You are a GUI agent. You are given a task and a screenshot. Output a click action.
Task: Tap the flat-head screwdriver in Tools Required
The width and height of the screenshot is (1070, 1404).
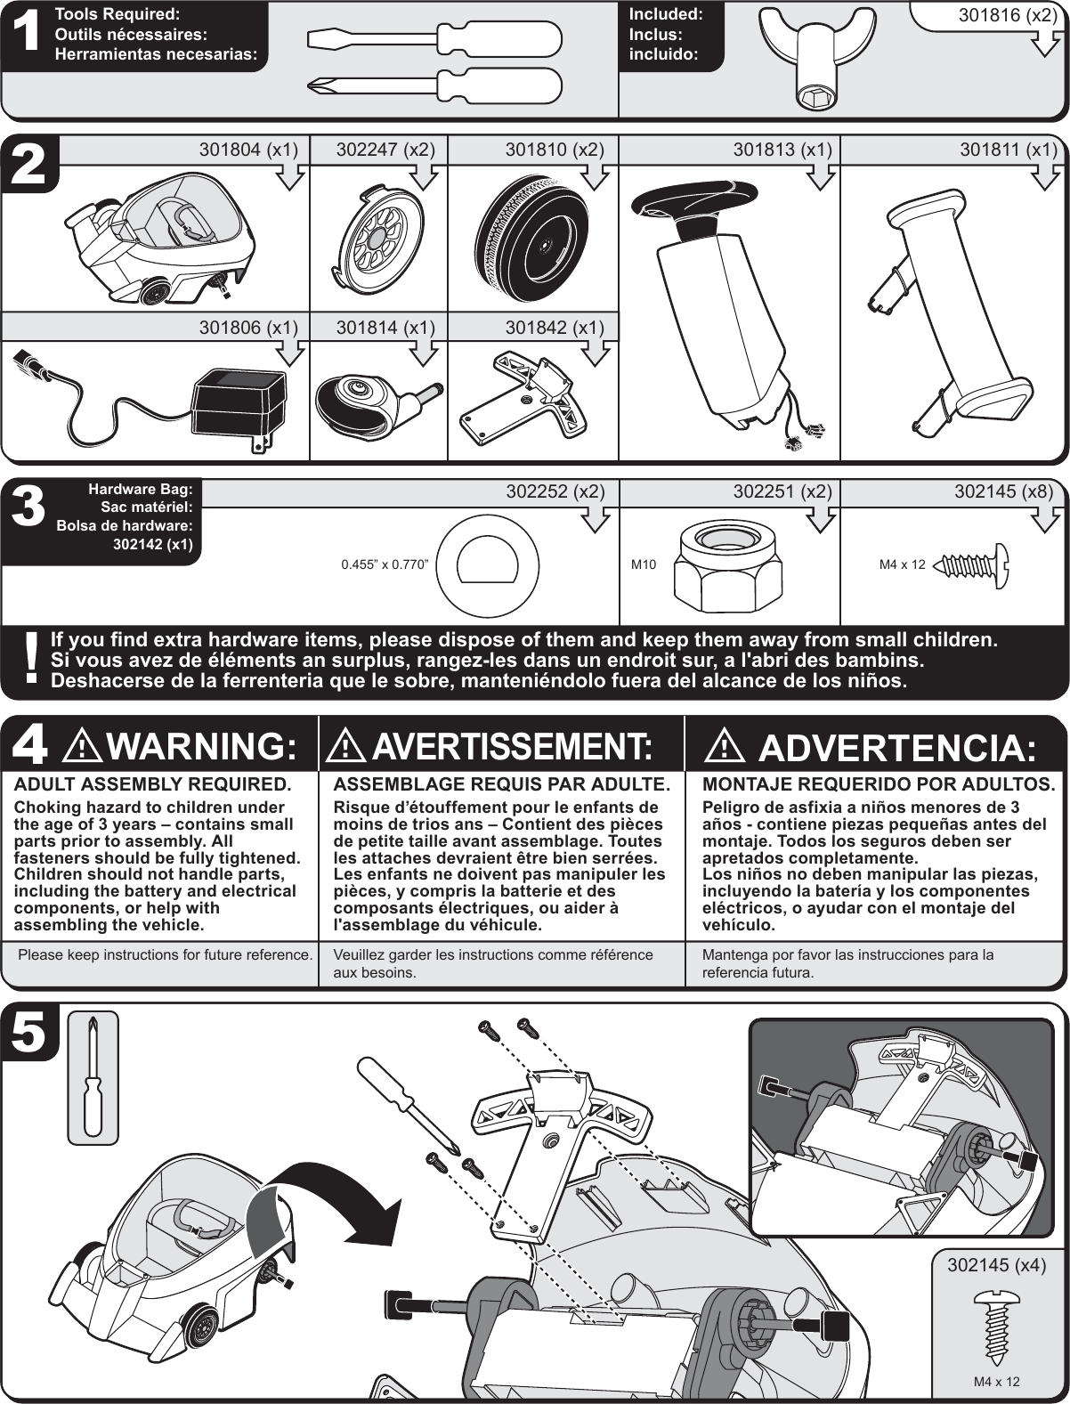point(434,38)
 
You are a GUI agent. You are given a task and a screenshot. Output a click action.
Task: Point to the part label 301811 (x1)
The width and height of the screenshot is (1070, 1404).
point(1008,150)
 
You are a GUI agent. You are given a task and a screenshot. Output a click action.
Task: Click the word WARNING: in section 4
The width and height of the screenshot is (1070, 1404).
point(206,746)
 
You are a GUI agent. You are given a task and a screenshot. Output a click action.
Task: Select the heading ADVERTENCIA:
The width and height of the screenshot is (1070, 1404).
point(896,748)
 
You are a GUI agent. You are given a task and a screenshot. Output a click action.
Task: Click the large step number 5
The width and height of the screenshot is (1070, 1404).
point(29,1033)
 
